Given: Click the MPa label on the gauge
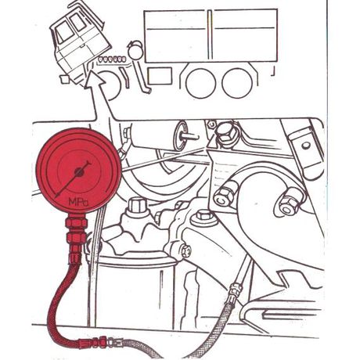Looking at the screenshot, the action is (x=78, y=201).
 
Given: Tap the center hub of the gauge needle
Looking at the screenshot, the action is (x=79, y=171).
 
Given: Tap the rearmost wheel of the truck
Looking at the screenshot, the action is (x=237, y=83).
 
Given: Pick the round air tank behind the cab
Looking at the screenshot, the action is (x=135, y=52).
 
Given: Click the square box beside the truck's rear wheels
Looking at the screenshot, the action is (x=160, y=76).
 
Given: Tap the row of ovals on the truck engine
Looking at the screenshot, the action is (x=111, y=59).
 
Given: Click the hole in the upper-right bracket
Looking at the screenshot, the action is (x=306, y=146).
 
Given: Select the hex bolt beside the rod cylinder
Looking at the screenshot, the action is (x=225, y=135).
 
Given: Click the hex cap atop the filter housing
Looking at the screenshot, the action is (x=138, y=206).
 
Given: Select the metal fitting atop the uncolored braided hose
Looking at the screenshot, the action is (x=236, y=290).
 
